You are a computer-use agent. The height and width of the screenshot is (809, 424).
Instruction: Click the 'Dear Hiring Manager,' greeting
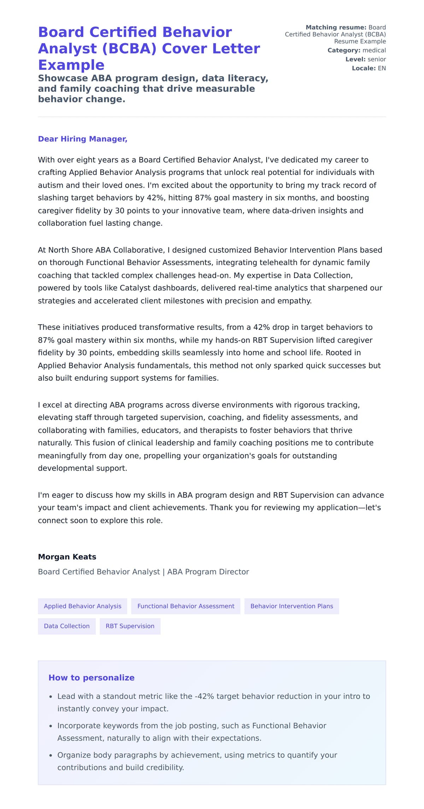(x=82, y=139)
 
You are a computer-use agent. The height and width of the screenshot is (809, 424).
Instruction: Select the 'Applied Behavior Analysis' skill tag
(x=82, y=606)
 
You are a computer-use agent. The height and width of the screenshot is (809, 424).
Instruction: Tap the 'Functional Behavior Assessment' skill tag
(x=185, y=606)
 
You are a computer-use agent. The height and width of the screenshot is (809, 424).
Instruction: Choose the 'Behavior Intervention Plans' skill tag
(x=291, y=606)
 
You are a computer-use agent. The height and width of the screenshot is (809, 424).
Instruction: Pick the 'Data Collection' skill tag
(x=66, y=626)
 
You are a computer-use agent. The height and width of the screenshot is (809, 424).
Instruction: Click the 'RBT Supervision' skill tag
(x=130, y=626)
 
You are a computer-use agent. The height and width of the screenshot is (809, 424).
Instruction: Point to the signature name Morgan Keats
(x=67, y=557)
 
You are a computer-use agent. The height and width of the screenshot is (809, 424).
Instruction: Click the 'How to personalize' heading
(x=91, y=678)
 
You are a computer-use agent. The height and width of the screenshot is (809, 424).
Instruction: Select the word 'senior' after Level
(x=377, y=59)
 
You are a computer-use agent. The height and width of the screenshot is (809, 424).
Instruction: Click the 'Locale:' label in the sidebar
(x=364, y=68)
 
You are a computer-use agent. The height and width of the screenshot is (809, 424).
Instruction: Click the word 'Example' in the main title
(x=71, y=65)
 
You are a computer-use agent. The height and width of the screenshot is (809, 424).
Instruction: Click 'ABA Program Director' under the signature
(x=208, y=572)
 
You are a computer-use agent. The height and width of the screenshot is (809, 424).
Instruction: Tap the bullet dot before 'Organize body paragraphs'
(x=51, y=755)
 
